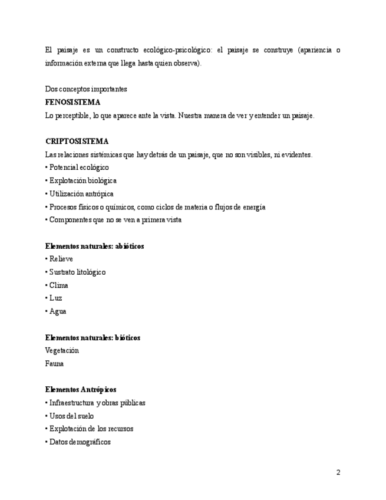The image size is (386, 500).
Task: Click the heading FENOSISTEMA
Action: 72,103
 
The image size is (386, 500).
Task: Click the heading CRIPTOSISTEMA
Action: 77,142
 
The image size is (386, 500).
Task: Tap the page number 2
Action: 338,472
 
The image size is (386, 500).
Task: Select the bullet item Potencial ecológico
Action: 78,167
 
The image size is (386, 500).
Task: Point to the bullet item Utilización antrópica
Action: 81,193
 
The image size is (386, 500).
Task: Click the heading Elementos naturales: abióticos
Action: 94,246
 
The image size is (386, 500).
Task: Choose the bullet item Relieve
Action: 60,259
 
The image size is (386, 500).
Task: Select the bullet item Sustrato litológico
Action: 77,272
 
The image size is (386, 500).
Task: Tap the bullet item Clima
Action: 58,285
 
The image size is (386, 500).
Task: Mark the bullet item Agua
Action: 57,311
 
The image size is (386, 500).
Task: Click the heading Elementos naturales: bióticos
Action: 93,338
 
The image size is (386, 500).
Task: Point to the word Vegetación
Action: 62,351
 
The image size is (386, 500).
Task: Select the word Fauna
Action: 54,364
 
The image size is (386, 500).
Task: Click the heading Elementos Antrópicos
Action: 81,390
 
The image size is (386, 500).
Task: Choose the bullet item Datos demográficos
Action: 79,442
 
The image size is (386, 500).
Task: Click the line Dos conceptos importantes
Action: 86,89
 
